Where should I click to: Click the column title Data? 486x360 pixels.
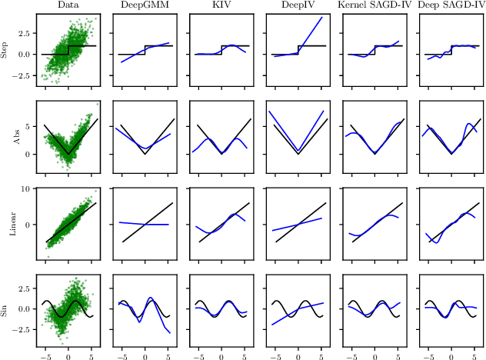pos(68,5)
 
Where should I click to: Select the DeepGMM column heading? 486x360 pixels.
pos(145,5)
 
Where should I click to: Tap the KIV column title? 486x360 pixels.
pos(221,5)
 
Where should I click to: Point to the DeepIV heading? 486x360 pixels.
pos(298,5)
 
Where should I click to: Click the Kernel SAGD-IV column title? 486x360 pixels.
pos(374,5)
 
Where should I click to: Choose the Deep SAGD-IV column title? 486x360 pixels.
pos(451,5)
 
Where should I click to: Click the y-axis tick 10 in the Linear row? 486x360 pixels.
pos(24,188)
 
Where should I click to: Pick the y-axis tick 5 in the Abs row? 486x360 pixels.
pos(28,126)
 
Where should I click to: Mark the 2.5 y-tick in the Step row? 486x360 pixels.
pos(22,35)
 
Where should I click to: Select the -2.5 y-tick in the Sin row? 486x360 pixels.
pos(20,329)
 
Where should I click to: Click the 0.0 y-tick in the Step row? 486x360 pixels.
pos(22,55)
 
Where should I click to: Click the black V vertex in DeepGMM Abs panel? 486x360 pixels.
pos(145,154)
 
